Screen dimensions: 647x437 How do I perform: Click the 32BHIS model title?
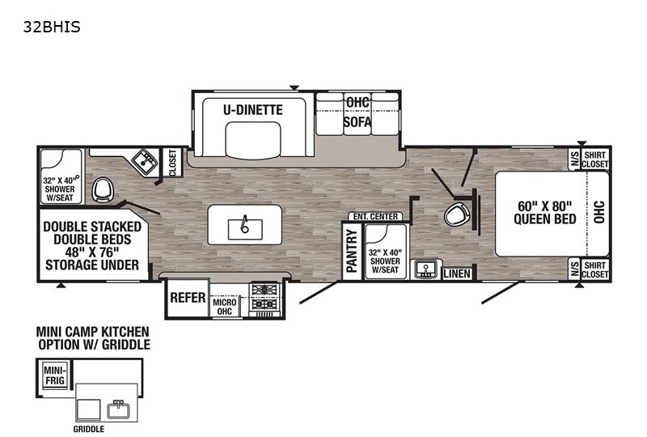[52, 28]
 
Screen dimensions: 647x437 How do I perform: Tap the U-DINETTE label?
[253, 110]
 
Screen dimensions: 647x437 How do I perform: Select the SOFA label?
[357, 122]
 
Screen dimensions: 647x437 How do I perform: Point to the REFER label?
[188, 297]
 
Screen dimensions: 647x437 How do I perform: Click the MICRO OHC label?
[225, 307]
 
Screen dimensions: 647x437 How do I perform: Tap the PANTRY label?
[352, 251]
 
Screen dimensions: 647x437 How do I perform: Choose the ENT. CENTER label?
[375, 216]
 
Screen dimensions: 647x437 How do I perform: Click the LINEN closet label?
[457, 274]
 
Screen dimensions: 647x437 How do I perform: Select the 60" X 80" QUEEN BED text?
[544, 213]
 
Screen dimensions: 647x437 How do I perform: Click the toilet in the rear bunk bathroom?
[102, 189]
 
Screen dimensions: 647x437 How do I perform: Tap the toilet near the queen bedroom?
[457, 214]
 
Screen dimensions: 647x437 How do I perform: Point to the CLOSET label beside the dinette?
[172, 163]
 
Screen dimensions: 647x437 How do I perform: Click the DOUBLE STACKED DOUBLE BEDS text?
[92, 233]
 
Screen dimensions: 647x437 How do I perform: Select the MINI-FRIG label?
[55, 375]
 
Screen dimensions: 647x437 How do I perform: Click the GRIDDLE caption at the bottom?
[89, 429]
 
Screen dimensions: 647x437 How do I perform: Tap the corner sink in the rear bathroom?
[146, 162]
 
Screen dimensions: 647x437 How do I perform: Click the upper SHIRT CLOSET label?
[595, 159]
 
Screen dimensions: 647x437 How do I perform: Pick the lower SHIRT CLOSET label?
[595, 269]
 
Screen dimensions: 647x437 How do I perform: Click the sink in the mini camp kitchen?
[118, 409]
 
